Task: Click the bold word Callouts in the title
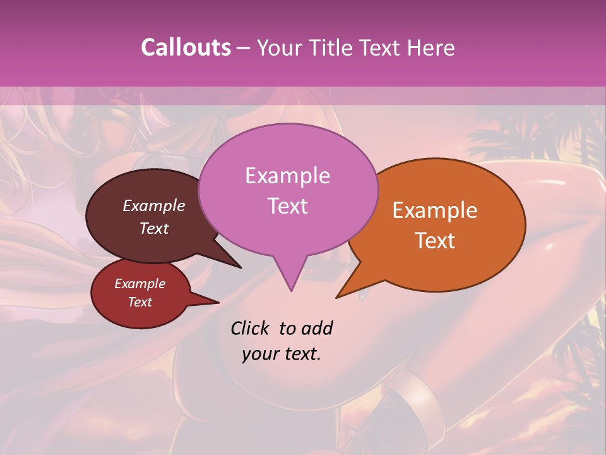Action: click(x=186, y=47)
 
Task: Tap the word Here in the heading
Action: click(x=430, y=47)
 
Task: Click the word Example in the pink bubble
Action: click(x=287, y=176)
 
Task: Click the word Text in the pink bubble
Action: click(x=287, y=206)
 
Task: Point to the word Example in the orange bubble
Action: click(x=435, y=210)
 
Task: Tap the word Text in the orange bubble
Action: click(x=435, y=241)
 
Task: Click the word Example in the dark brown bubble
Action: click(x=154, y=205)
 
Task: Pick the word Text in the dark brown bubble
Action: click(x=154, y=228)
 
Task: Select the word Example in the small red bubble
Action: click(x=140, y=284)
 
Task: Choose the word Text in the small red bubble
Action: click(x=140, y=302)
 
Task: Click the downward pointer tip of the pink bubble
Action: click(x=291, y=290)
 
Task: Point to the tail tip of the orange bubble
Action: click(x=337, y=297)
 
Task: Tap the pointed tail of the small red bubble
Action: click(x=218, y=302)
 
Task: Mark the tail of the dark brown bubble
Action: click(x=240, y=267)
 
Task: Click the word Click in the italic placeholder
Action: click(x=251, y=328)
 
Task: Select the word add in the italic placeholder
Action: click(x=316, y=328)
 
